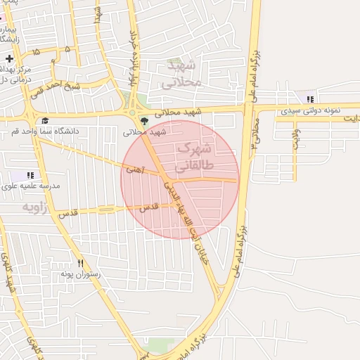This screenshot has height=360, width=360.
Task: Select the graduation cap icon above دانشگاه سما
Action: [45, 120]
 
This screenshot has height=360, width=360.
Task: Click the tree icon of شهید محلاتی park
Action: [145, 121]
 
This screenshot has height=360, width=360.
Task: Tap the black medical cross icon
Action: [9, 58]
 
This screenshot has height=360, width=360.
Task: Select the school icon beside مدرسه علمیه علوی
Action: [30, 174]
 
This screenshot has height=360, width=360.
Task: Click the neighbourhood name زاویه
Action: [39, 207]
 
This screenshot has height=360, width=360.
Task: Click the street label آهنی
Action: [132, 169]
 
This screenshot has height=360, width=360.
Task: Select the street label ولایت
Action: [297, 134]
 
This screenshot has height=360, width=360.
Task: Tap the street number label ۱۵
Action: [35, 52]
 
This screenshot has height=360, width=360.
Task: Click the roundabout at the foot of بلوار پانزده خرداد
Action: [131, 112]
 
